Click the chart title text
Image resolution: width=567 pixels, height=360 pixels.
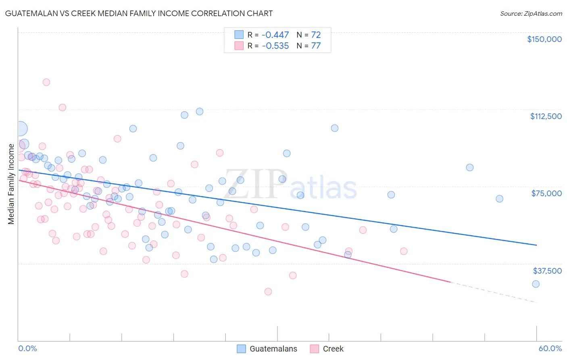pyautogui.click(x=139, y=14)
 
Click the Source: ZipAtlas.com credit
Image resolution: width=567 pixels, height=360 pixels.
pyautogui.click(x=531, y=14)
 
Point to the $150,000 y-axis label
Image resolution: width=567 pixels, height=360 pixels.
pyautogui.click(x=544, y=39)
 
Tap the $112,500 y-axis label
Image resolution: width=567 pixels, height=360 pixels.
pyautogui.click(x=546, y=116)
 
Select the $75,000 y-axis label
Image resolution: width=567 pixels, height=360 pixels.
pyautogui.click(x=546, y=193)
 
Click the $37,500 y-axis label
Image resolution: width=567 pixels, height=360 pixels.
pyautogui.click(x=547, y=271)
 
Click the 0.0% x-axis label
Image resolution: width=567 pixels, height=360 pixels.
pyautogui.click(x=27, y=348)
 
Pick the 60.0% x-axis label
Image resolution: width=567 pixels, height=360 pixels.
pyautogui.click(x=550, y=348)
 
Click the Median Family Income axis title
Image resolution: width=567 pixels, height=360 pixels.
pyautogui.click(x=11, y=184)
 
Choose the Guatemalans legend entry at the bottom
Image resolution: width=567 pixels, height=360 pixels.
pyautogui.click(x=273, y=349)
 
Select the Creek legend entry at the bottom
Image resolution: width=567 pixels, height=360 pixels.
pyautogui.click(x=333, y=349)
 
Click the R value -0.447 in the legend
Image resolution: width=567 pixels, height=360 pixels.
pyautogui.click(x=275, y=35)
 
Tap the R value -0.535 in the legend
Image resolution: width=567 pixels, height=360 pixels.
pyautogui.click(x=275, y=46)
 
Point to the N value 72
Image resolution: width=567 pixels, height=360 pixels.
pyautogui.click(x=316, y=35)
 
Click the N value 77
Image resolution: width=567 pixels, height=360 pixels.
pyautogui.click(x=316, y=46)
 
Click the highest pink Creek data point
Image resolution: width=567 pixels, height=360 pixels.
pyautogui.click(x=46, y=82)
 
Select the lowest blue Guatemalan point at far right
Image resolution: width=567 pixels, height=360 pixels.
pyautogui.click(x=536, y=284)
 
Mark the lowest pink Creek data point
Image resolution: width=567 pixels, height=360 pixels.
pyautogui.click(x=268, y=291)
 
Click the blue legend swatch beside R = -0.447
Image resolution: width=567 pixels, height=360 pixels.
pyautogui.click(x=239, y=35)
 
